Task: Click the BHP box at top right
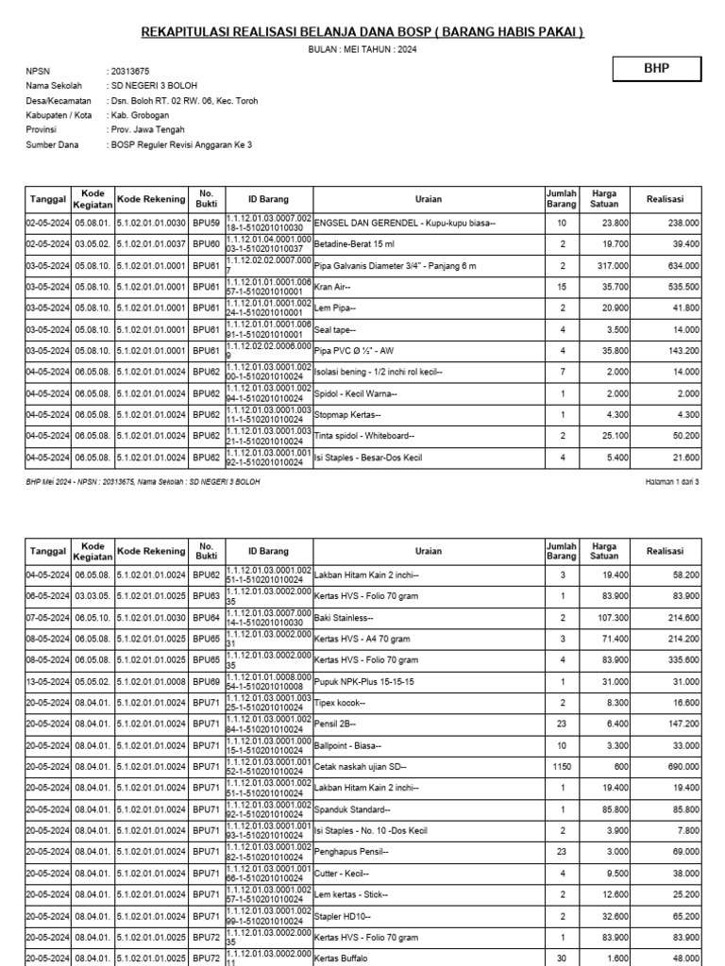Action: pyautogui.click(x=657, y=70)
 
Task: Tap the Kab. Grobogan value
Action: pyautogui.click(x=137, y=115)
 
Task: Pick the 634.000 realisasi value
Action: pyautogui.click(x=683, y=266)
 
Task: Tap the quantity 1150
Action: pyautogui.click(x=562, y=766)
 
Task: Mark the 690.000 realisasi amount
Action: pyautogui.click(x=683, y=766)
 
